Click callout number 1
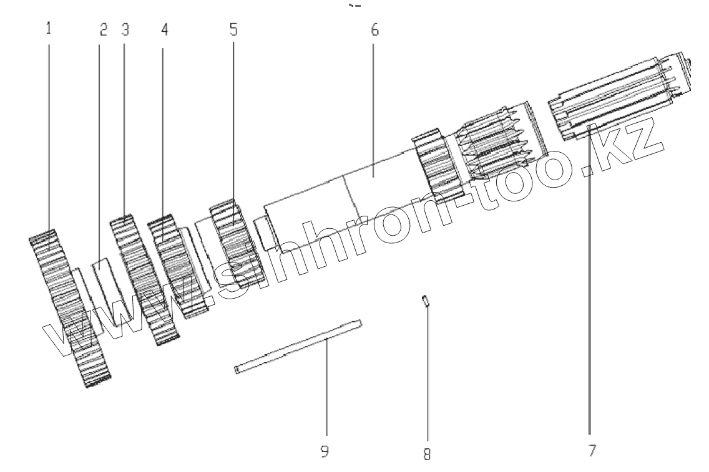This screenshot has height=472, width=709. coord(49,28)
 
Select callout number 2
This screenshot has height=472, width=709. coord(104,29)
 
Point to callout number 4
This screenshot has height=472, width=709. coord(164,29)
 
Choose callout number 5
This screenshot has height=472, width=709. coord(233,29)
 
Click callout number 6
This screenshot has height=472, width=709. coord(374,29)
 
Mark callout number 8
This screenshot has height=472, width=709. coord(427,454)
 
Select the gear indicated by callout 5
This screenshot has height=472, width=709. coord(234,237)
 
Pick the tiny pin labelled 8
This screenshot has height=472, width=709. coord(424,301)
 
